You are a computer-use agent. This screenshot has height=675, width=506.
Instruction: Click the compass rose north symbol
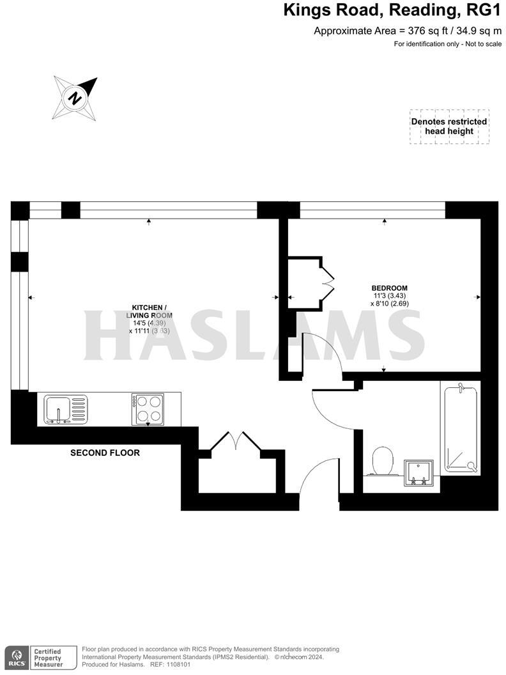click(x=76, y=98)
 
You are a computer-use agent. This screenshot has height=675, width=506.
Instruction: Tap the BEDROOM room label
click(x=390, y=288)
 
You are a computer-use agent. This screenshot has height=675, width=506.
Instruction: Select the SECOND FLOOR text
click(x=105, y=453)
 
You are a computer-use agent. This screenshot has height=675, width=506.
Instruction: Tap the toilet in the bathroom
click(x=382, y=460)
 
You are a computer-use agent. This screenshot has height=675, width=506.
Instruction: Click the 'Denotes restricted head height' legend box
click(x=449, y=127)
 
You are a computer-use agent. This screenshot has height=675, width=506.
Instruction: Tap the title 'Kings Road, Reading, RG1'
click(x=392, y=11)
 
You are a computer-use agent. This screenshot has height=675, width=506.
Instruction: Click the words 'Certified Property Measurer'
click(x=49, y=658)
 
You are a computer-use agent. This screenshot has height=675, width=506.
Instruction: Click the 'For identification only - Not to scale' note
click(x=447, y=44)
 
